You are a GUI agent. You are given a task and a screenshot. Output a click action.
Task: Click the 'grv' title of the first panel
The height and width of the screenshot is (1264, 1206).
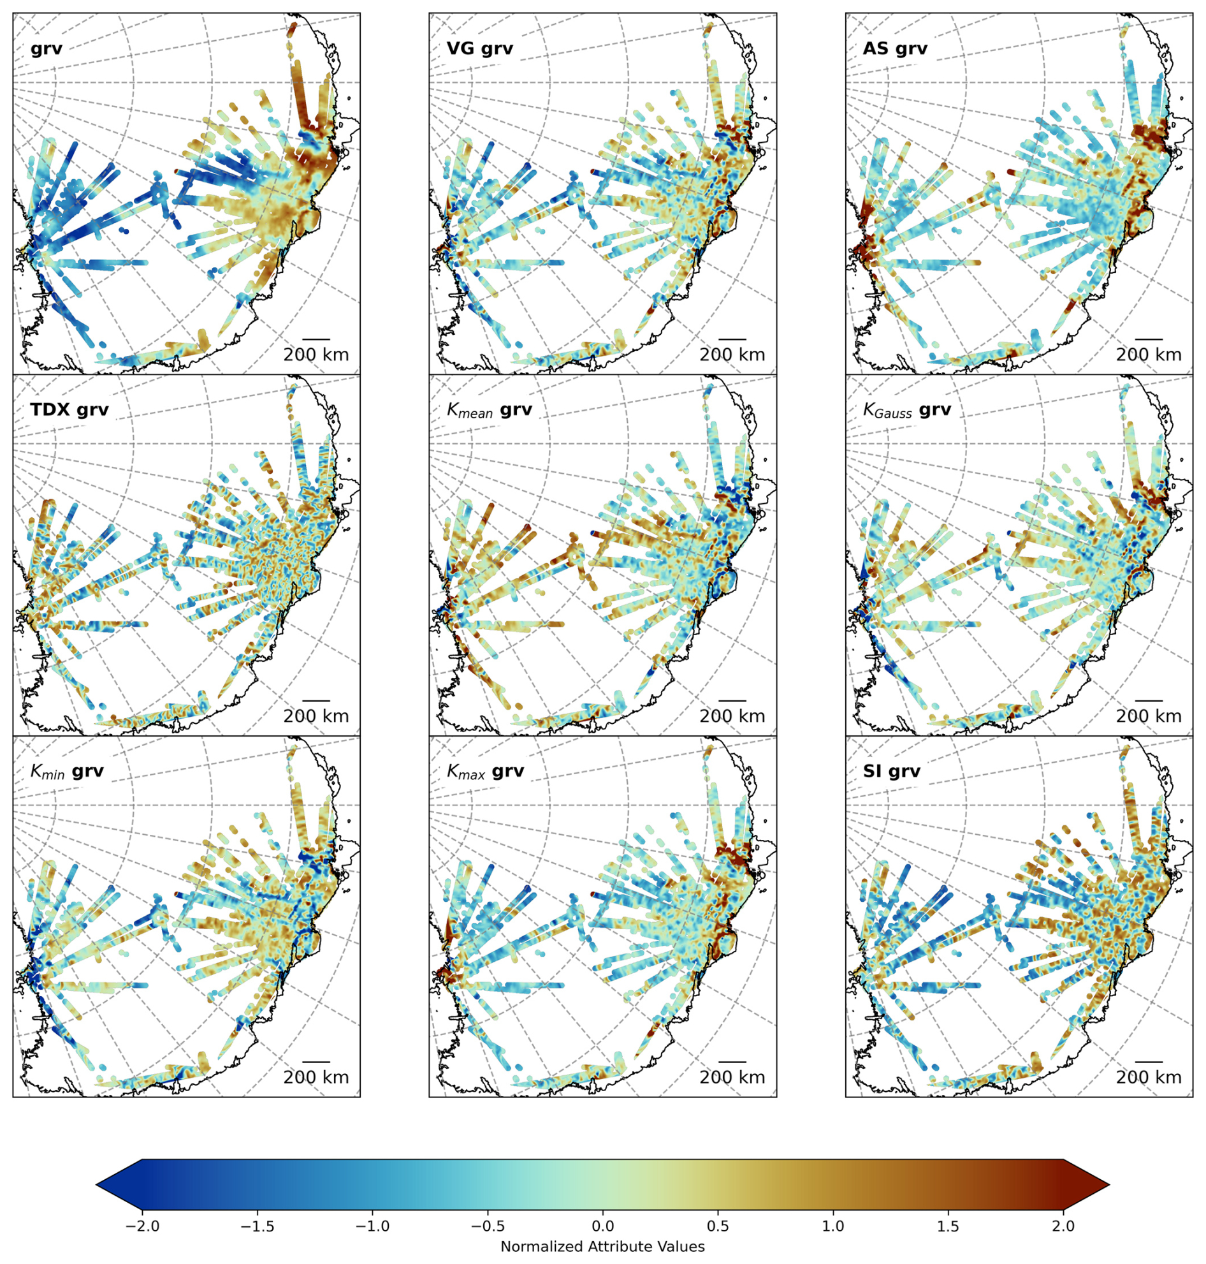click(47, 49)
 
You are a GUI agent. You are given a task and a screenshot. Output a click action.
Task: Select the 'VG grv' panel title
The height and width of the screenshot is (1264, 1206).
click(479, 49)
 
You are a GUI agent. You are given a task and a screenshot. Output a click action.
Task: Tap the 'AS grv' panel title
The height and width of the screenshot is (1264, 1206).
click(895, 49)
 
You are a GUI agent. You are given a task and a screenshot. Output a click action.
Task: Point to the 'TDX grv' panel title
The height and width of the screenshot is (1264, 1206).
click(69, 410)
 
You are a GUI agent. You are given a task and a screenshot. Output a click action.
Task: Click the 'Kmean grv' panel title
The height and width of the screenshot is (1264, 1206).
click(489, 411)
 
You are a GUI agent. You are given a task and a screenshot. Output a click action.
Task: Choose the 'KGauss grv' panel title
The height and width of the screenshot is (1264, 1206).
click(906, 411)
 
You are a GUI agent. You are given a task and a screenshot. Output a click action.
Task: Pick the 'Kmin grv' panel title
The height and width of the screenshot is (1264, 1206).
click(67, 771)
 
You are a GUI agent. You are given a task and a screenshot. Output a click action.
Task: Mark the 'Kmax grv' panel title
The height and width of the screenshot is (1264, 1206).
click(485, 771)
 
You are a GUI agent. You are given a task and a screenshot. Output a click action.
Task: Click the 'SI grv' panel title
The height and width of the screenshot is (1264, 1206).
click(891, 771)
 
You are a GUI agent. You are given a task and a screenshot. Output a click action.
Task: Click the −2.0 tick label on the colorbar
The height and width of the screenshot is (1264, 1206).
click(142, 1226)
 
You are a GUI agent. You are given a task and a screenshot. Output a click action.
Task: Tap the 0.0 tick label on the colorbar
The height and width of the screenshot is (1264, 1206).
click(602, 1226)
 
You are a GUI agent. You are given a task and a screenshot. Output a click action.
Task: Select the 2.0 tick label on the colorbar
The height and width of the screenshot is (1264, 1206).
click(1063, 1226)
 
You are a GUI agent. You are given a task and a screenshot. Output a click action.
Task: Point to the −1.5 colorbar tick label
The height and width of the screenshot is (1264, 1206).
click(257, 1226)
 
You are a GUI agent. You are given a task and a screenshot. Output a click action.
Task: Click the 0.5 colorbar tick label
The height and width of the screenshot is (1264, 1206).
click(718, 1226)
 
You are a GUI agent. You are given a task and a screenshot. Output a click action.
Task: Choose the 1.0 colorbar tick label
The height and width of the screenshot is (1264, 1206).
click(833, 1226)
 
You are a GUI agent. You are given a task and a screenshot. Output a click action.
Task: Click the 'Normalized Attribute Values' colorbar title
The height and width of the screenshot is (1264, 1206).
click(602, 1247)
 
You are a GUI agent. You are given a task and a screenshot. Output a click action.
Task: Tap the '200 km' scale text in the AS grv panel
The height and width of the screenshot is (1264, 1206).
click(1148, 355)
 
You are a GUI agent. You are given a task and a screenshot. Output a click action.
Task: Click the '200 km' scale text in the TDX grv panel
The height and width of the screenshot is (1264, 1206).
click(316, 716)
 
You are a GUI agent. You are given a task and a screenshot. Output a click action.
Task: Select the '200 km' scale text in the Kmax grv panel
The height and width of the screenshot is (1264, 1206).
click(732, 1077)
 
